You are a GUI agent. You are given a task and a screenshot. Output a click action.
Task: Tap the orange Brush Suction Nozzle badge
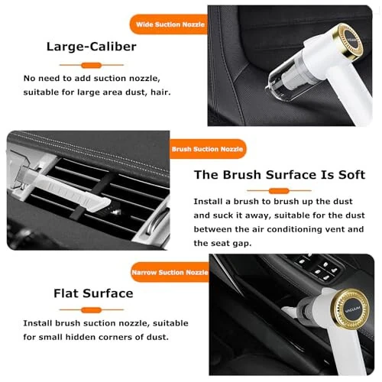207,151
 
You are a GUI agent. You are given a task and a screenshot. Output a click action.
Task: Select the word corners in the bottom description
115,337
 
